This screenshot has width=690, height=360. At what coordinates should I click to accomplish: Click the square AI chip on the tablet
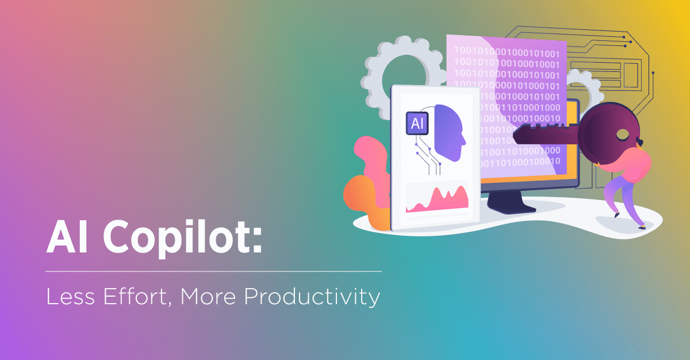[416, 122]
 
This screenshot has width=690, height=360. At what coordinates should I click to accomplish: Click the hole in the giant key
[623, 135]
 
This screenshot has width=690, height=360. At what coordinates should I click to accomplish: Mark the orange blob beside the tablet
[362, 196]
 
